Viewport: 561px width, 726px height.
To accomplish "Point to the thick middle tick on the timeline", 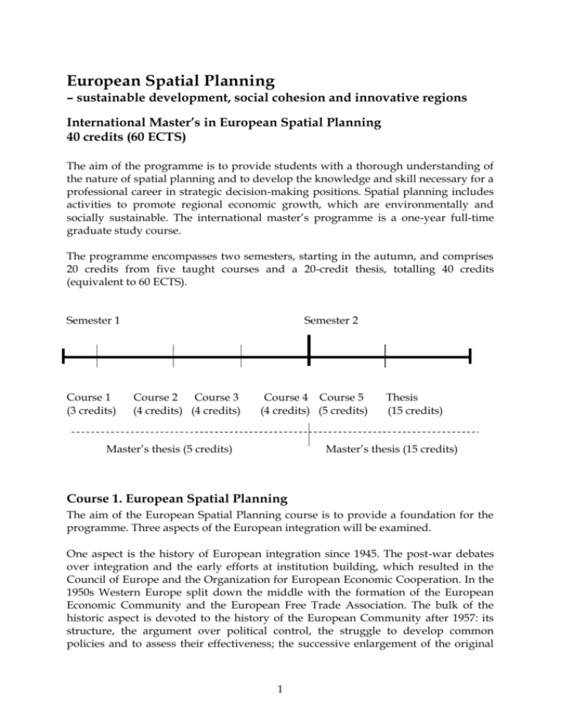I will (x=310, y=356).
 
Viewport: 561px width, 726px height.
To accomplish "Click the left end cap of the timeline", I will (x=64, y=357).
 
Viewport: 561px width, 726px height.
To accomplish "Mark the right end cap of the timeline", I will (x=470, y=357).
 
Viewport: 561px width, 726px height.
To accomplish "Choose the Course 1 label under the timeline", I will (x=88, y=397).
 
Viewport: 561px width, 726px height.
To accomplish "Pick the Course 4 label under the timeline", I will (x=287, y=397).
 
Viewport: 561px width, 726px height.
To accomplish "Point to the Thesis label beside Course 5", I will (x=402, y=397).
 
